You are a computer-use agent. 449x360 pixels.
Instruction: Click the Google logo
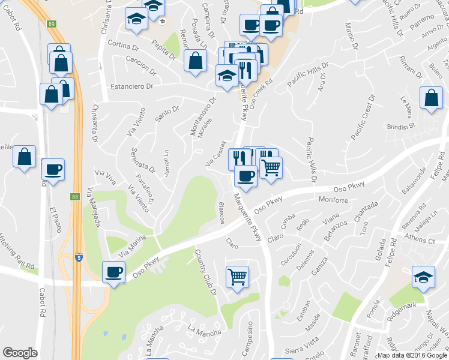pyautogui.click(x=20, y=353)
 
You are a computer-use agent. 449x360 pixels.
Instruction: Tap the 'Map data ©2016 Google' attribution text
pyautogui.click(x=412, y=355)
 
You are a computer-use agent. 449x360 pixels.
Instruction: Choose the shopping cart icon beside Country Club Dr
pyautogui.click(x=237, y=277)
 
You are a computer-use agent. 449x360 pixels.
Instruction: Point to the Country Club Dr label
pyautogui.click(x=205, y=274)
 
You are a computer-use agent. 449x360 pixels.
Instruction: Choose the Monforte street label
pyautogui.click(x=334, y=199)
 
